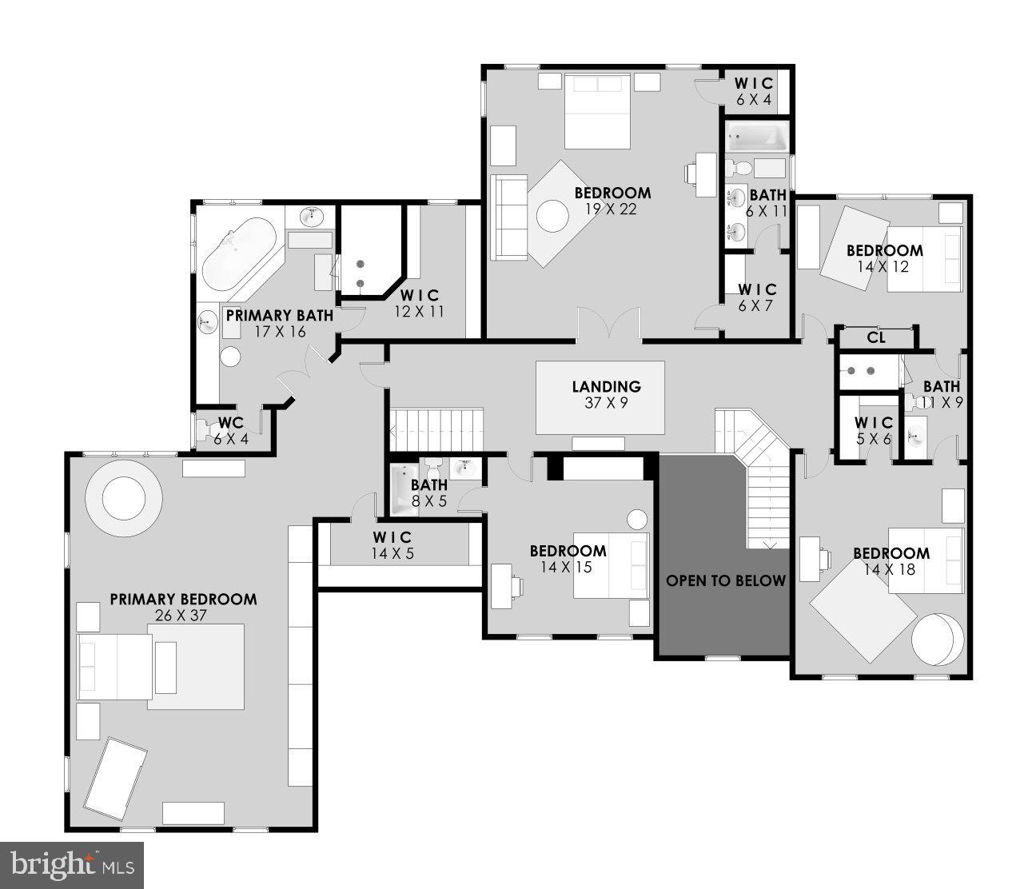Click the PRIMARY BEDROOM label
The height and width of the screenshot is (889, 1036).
click(183, 599)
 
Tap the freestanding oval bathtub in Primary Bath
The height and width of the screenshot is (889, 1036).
click(238, 253)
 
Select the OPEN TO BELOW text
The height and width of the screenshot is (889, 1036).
click(726, 580)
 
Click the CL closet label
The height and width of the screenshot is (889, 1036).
click(876, 337)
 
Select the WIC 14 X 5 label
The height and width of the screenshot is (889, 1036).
click(392, 544)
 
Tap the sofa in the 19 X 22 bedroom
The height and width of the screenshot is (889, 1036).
click(509, 216)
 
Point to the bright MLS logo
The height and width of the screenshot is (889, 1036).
click(72, 864)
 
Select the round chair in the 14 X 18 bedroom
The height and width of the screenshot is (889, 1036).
click(934, 638)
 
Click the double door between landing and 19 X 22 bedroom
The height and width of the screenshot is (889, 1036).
click(608, 325)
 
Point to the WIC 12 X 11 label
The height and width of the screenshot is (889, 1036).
click(420, 304)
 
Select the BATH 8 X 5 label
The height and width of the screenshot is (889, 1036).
click(428, 493)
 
